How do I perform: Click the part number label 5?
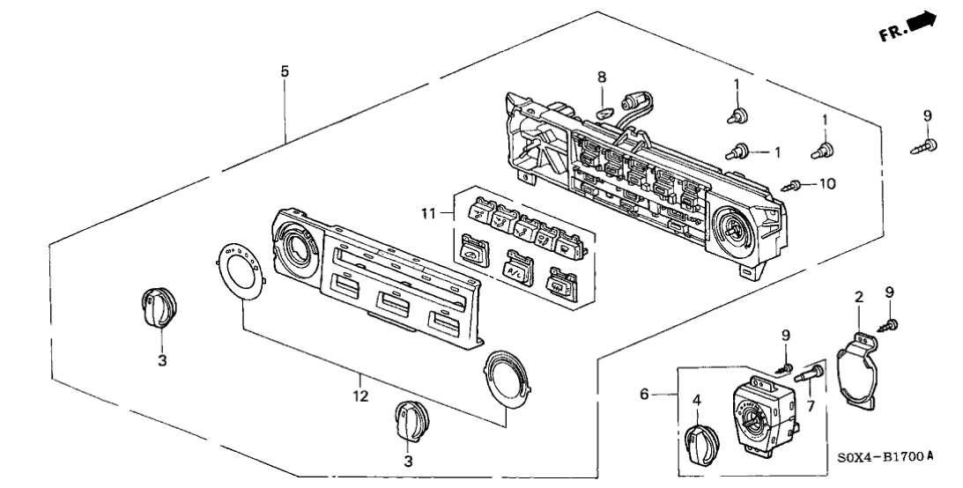point(284,71)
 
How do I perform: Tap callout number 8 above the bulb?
point(602,78)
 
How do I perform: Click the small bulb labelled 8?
point(602,112)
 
